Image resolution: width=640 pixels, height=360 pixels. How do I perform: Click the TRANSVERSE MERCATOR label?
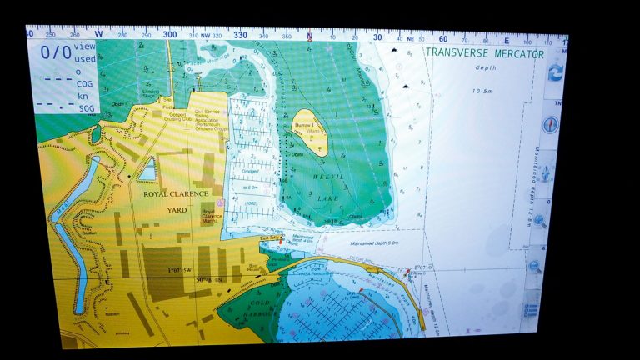tap(484, 54)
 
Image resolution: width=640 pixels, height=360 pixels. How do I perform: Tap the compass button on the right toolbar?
tap(550, 124)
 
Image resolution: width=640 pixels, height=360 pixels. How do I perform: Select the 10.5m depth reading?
tap(484, 90)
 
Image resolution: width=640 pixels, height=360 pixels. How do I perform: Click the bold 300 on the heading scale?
tap(171, 35)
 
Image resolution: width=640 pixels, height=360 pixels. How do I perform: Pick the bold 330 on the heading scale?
tap(240, 35)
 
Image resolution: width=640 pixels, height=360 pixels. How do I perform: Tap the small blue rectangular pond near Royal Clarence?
tap(147, 171)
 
